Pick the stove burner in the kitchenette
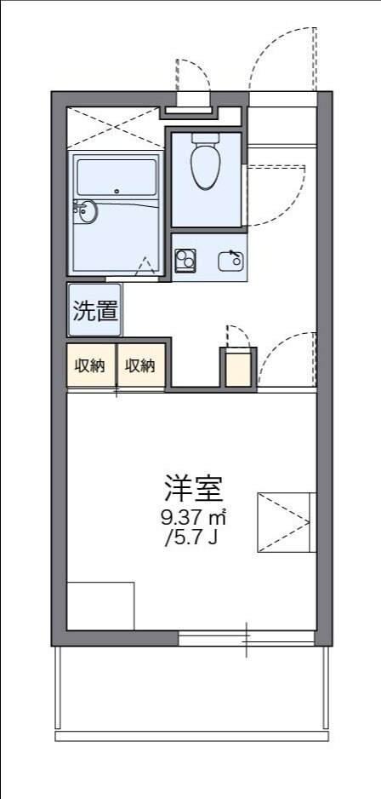point(185,259)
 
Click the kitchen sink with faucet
point(230,260)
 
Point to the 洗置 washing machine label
point(94,310)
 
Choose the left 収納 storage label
point(90,365)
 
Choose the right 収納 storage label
point(140,365)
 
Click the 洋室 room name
point(193,487)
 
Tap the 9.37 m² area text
point(193,516)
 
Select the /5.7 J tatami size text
point(193,538)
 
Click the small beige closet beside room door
point(239,368)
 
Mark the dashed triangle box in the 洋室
point(284,521)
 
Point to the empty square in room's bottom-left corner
point(100,606)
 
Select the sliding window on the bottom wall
point(247,636)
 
